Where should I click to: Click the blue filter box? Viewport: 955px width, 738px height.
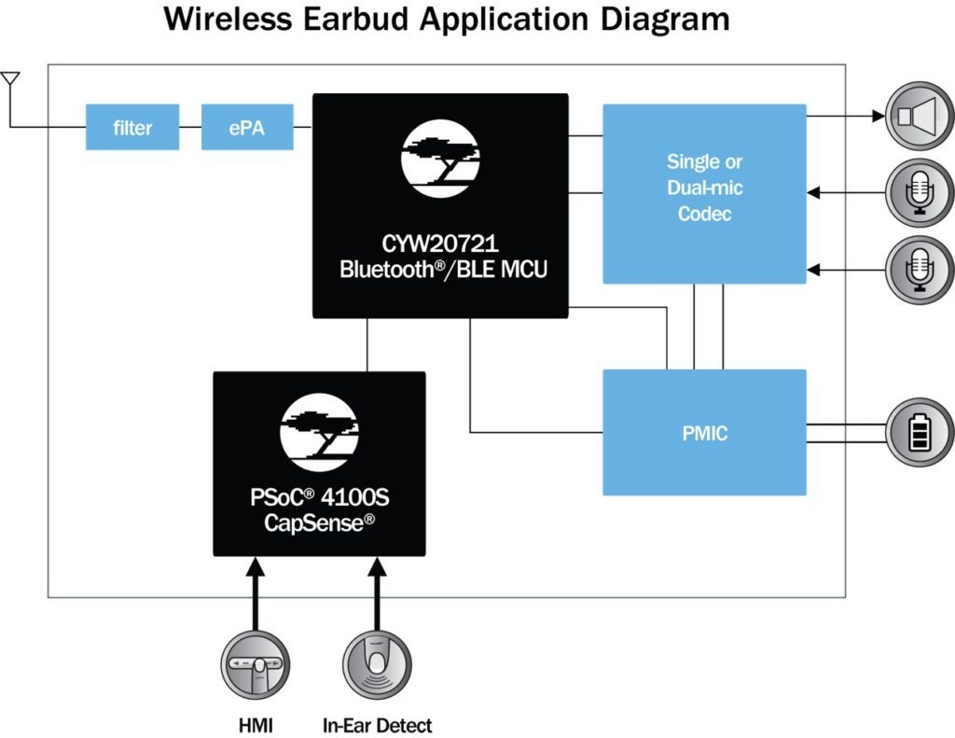point(132,127)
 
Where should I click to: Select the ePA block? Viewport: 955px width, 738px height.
point(247,127)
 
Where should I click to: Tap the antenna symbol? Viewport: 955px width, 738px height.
point(10,80)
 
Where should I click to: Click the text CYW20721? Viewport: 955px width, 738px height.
point(440,245)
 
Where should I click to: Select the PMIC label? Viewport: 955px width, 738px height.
point(704,433)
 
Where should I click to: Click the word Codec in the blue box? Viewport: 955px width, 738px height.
point(704,214)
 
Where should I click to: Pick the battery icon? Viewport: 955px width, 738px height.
point(920,432)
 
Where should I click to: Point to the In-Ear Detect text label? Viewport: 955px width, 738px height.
point(377,725)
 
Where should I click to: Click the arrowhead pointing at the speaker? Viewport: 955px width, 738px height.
point(878,117)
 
